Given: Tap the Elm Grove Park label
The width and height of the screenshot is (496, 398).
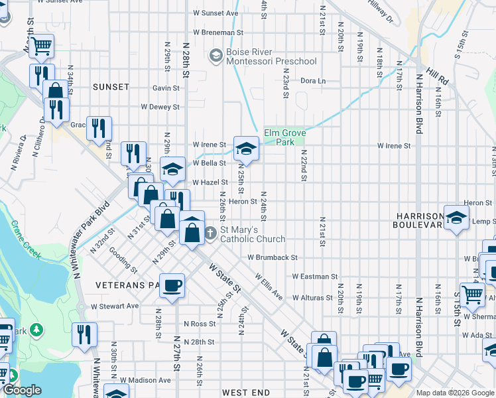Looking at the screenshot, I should (x=284, y=137).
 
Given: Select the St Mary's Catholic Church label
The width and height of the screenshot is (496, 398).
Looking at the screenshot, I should (x=253, y=235).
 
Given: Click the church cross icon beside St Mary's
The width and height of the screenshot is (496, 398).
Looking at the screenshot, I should (x=210, y=233).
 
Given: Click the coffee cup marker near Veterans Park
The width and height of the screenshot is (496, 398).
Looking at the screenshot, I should (x=172, y=285).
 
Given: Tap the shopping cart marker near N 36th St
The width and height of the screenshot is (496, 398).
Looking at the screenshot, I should (x=41, y=46).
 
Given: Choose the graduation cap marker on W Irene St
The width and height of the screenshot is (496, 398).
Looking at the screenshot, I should (x=245, y=149).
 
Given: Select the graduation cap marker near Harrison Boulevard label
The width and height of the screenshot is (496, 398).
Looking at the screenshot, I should (x=456, y=216).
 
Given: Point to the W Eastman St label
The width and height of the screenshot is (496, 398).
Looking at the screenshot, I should (x=314, y=276).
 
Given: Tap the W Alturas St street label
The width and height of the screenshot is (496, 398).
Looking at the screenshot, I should (x=314, y=298).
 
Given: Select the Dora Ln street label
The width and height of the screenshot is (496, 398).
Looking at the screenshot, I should (x=313, y=81).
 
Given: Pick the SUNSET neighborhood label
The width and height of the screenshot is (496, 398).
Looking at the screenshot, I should (x=111, y=87).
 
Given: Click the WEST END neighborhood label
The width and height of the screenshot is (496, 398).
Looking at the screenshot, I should (x=245, y=393).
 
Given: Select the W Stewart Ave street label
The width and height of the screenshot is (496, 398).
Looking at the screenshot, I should (x=115, y=306).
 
